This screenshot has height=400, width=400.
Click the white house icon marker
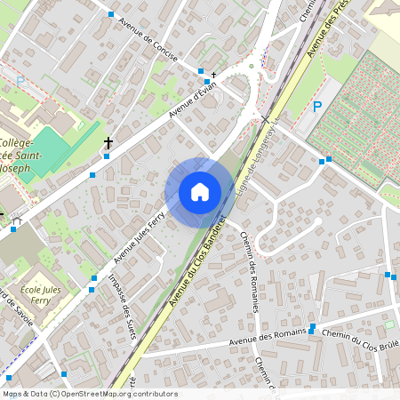(x=199, y=191)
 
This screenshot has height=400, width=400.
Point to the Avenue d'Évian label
(x=193, y=101)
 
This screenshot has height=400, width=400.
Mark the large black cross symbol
(x=108, y=142)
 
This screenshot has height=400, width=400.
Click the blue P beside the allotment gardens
(x=317, y=107)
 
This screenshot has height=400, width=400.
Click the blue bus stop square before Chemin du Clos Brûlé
(x=312, y=327)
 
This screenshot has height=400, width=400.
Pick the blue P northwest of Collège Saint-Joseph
(x=20, y=81)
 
